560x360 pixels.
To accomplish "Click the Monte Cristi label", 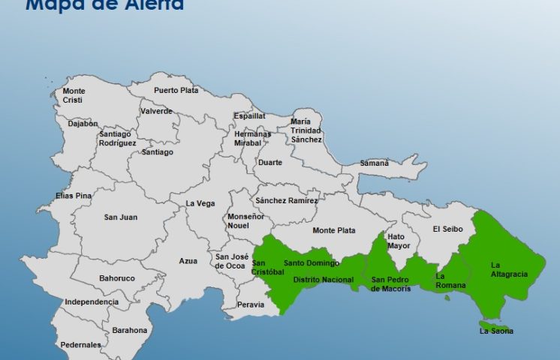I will click(x=74, y=95).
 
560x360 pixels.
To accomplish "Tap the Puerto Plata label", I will click(x=176, y=91).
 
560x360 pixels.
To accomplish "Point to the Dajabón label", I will click(x=83, y=124).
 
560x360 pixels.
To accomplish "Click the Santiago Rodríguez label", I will click(x=116, y=139).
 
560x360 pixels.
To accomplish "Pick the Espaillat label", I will click(x=249, y=116).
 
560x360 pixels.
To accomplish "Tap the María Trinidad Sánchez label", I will click(x=306, y=130).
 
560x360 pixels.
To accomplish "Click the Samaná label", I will click(x=375, y=163).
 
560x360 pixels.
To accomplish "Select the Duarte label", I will click(x=270, y=162).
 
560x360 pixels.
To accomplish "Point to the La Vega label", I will click(x=200, y=203).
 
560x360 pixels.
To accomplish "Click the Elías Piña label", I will click(x=74, y=196).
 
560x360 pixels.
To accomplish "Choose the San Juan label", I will click(x=120, y=217).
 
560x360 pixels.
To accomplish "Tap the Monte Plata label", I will click(x=334, y=230).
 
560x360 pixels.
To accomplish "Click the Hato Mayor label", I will click(x=399, y=241).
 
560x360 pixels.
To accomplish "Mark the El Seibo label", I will click(x=447, y=229).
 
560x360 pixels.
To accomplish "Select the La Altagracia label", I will click(x=509, y=269).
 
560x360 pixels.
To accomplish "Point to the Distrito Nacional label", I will click(x=323, y=280).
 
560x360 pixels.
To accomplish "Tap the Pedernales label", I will click(x=81, y=345).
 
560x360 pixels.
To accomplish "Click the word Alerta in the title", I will click(x=153, y=5).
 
